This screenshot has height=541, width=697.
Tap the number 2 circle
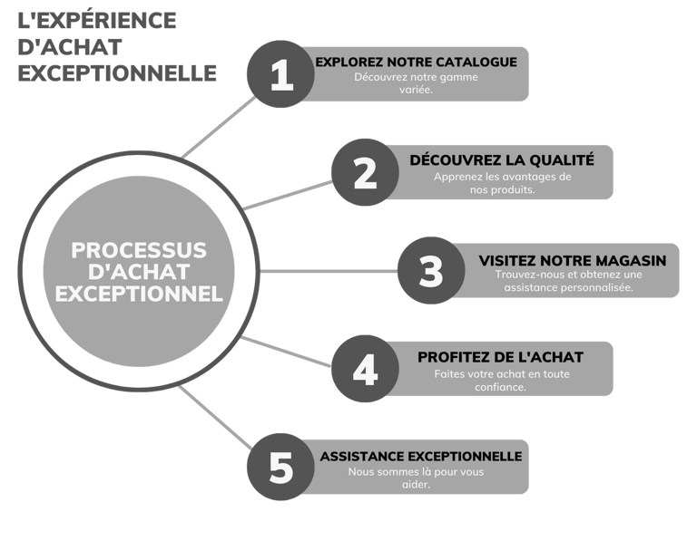365,172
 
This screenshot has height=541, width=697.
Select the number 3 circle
431,271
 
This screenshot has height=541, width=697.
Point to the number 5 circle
281,468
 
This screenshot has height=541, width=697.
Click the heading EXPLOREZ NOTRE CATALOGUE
416,62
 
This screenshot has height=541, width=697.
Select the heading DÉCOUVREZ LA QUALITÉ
502,159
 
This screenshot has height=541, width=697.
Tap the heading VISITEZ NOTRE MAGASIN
572,260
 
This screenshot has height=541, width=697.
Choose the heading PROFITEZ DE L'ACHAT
500,357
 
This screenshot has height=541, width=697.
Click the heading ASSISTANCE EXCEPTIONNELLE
421,456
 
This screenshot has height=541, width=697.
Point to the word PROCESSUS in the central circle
139,249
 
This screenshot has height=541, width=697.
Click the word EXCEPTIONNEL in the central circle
139,294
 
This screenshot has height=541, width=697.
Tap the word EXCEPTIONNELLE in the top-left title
117,72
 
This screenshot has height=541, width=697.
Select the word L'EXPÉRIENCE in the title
97,20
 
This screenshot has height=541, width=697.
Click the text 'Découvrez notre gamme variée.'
416,83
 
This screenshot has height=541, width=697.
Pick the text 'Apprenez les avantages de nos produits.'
502,183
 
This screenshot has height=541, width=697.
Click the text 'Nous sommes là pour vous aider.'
416,478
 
